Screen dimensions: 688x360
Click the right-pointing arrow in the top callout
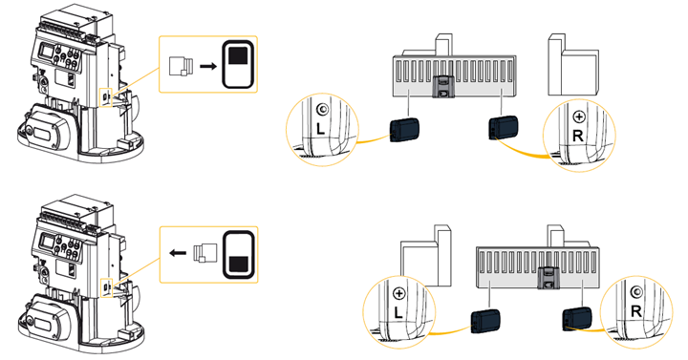pyautogui.click(x=208, y=66)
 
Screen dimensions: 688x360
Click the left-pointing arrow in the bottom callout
pyautogui.click(x=178, y=253)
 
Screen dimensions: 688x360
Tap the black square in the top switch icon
pyautogui.click(x=239, y=54)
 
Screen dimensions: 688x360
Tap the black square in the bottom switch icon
pyautogui.click(x=239, y=265)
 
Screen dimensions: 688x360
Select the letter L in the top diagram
pyautogui.click(x=321, y=129)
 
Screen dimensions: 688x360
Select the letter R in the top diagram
pyautogui.click(x=578, y=136)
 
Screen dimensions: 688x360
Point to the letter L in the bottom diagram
pyautogui.click(x=398, y=312)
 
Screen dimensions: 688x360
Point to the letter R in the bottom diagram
pyautogui.click(x=635, y=311)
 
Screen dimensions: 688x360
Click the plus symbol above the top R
pyautogui.click(x=579, y=117)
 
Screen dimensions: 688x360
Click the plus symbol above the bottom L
pyautogui.click(x=399, y=294)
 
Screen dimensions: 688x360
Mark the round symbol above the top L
pyautogui.click(x=322, y=110)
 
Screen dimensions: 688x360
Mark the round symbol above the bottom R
pyautogui.click(x=635, y=292)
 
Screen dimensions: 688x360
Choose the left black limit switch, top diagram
pyautogui.click(x=404, y=130)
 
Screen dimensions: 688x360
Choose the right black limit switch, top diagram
pyautogui.click(x=504, y=128)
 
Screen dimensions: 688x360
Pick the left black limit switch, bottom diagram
pyautogui.click(x=484, y=322)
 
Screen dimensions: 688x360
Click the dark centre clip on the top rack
pyautogui.click(x=443, y=86)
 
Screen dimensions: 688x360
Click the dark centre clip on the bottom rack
pyautogui.click(x=548, y=278)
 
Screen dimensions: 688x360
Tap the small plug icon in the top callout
pyautogui.click(x=181, y=66)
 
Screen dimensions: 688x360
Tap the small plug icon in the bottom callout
pyautogui.click(x=204, y=252)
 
